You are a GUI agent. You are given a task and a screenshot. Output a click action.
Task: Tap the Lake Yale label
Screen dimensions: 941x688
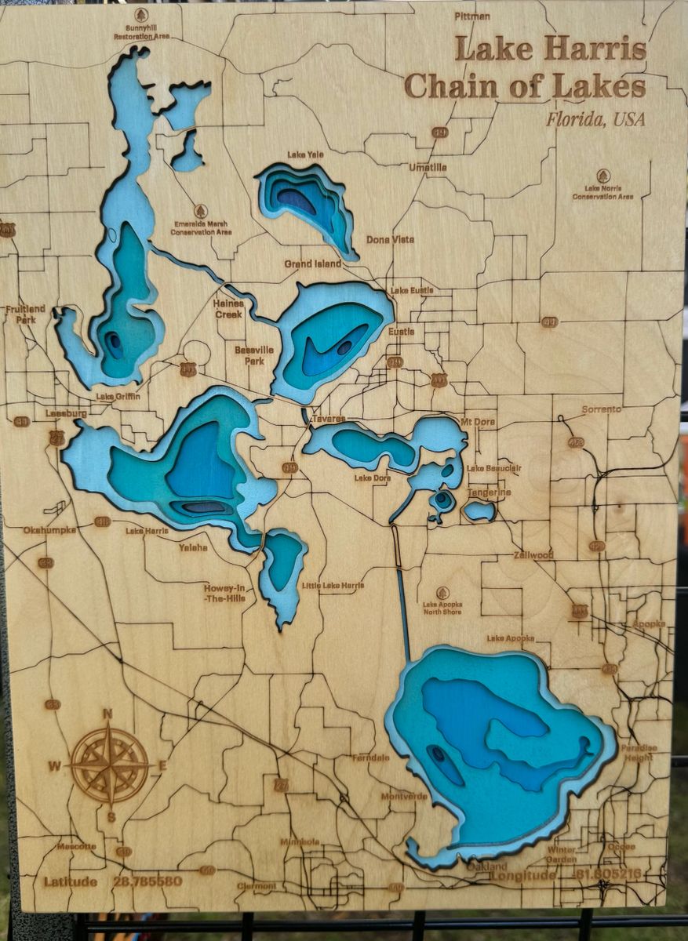(x=305, y=154)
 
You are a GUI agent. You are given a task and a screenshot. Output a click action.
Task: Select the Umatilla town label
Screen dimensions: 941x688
(x=428, y=167)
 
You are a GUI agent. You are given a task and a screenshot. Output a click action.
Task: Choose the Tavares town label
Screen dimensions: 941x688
(x=328, y=420)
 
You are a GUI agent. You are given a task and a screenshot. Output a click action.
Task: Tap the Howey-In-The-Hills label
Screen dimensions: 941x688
(x=225, y=593)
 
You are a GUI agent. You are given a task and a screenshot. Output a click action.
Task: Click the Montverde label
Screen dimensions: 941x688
(x=405, y=795)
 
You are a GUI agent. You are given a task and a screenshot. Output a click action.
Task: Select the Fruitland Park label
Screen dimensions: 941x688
(x=25, y=314)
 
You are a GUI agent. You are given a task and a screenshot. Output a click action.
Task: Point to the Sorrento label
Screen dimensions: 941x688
(x=601, y=409)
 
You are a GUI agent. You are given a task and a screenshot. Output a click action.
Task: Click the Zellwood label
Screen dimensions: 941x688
(x=533, y=554)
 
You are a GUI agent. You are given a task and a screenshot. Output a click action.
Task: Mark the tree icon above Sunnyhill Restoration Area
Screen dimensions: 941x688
(x=141, y=15)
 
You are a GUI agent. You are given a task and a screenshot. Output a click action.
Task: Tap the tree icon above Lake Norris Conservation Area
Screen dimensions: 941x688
(x=602, y=176)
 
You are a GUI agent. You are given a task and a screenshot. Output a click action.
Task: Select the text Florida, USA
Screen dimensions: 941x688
(x=595, y=120)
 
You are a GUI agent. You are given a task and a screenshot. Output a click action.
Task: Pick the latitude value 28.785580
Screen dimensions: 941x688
(x=147, y=881)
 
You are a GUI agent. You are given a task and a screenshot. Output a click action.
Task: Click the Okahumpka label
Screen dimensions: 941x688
(x=49, y=530)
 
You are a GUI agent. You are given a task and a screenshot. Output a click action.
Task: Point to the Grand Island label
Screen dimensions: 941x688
(x=313, y=264)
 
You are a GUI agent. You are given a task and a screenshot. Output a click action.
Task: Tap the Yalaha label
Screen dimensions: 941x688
(x=193, y=547)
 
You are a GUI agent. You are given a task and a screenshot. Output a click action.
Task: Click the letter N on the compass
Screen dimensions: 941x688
(x=108, y=714)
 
